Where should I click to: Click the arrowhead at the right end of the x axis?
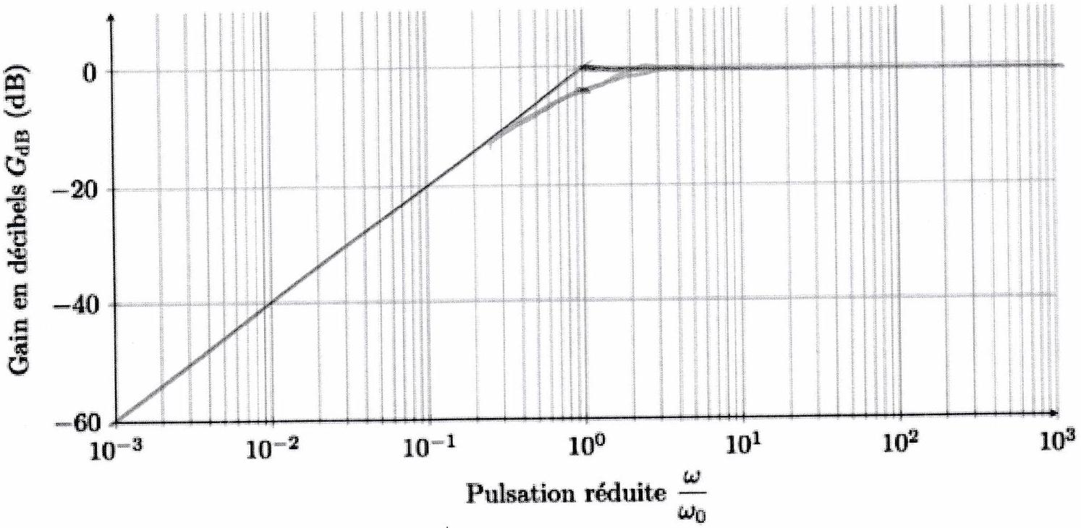coord(1054,413)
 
